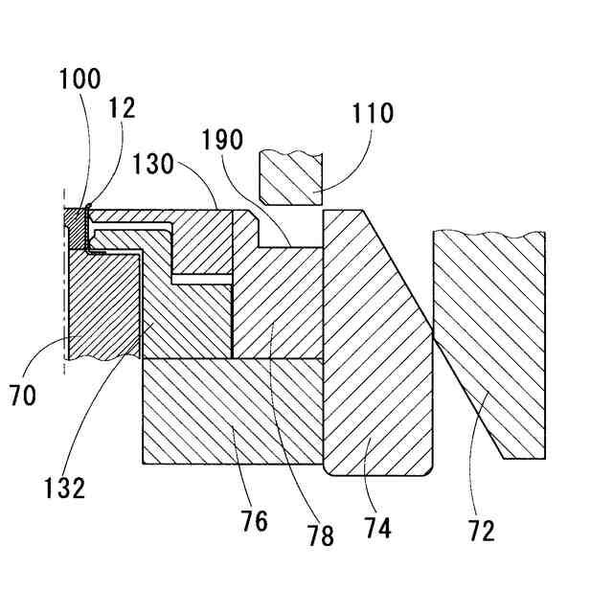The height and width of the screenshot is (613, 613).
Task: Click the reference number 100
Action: click(x=79, y=79)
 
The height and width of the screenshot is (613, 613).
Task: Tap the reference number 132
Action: click(x=63, y=488)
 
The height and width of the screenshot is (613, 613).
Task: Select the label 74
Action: click(x=377, y=528)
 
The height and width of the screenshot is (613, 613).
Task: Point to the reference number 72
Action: click(x=482, y=530)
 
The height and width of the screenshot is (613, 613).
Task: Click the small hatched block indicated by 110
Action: click(x=292, y=178)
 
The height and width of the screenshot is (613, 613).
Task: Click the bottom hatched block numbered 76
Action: click(x=230, y=412)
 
